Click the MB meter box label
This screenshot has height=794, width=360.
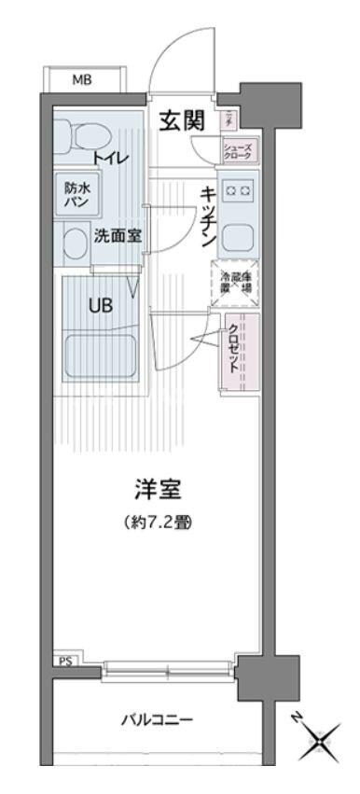[82, 80]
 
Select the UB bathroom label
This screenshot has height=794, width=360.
[102, 304]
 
